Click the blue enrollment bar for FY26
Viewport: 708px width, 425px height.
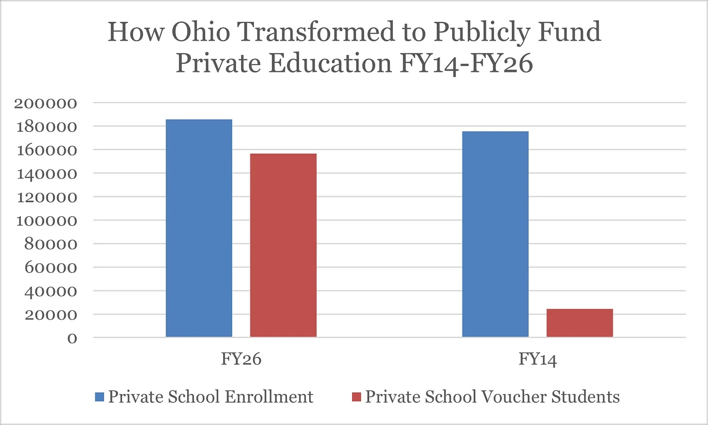click(199, 228)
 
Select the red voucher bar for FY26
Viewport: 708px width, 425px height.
click(283, 245)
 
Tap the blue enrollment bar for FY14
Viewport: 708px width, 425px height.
click(496, 234)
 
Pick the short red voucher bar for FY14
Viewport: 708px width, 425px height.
click(580, 323)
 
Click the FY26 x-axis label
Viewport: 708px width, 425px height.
click(241, 359)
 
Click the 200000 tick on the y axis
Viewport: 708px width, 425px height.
click(46, 103)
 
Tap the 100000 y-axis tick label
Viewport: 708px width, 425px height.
click(47, 221)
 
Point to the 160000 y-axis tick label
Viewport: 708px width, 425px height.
click(47, 151)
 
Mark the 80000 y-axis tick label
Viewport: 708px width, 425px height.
click(51, 245)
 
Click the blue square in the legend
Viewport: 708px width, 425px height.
click(100, 397)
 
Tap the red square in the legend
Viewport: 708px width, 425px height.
click(356, 397)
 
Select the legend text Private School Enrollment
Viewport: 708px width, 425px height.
click(211, 397)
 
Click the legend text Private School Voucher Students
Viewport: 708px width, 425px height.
click(493, 397)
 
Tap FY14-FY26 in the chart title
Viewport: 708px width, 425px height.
click(466, 64)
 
